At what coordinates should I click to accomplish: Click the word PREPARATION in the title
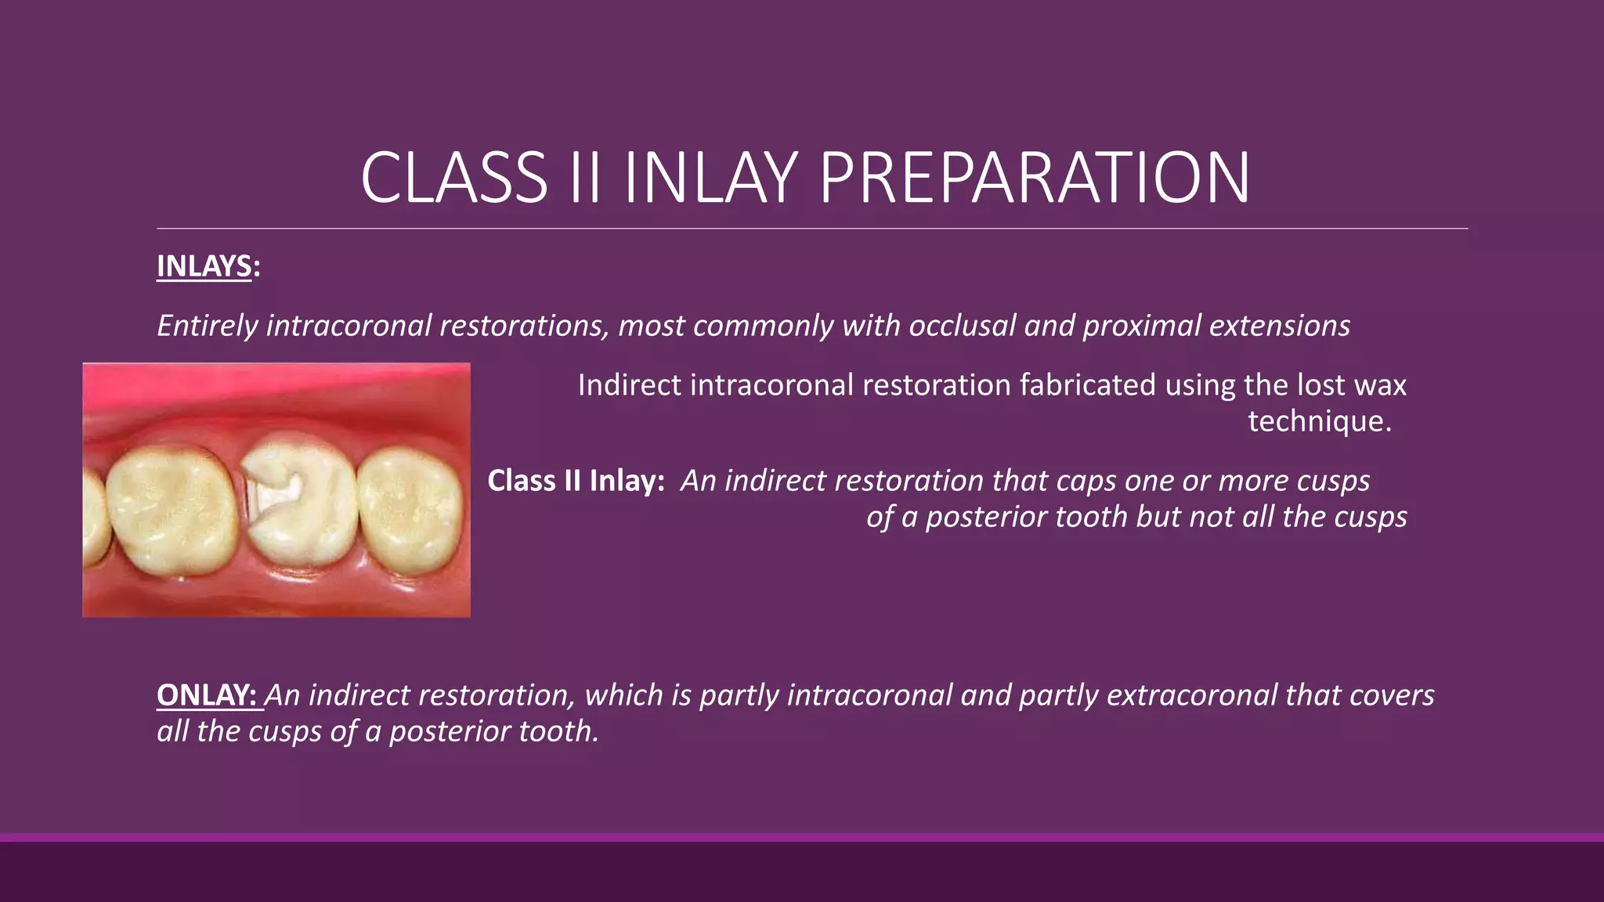(1034, 179)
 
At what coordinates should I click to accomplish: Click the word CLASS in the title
(453, 179)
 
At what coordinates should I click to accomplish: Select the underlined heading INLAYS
(204, 267)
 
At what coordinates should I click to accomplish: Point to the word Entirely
(207, 326)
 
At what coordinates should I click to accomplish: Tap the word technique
(1318, 421)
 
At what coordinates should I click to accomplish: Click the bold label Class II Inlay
(576, 481)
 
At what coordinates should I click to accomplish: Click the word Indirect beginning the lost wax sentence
(629, 385)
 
